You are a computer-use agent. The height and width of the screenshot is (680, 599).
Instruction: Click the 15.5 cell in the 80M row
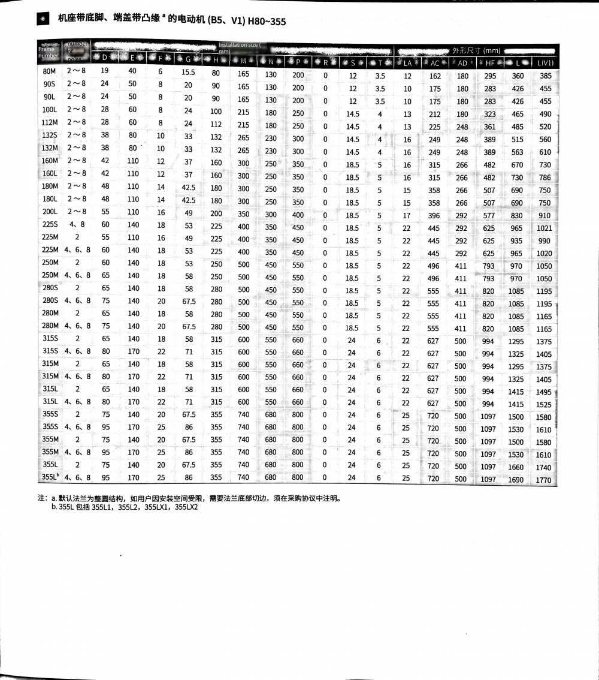click(x=189, y=73)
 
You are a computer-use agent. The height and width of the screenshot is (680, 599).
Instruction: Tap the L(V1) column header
click(x=544, y=63)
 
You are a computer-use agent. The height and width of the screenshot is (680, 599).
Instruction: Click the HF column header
click(x=489, y=63)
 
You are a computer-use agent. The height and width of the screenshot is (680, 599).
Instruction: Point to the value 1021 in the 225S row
click(x=544, y=228)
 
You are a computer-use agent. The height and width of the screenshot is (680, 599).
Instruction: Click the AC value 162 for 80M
click(x=435, y=76)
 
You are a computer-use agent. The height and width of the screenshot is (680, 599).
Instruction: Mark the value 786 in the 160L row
click(x=544, y=177)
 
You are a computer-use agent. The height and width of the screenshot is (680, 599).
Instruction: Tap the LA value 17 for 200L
click(x=407, y=215)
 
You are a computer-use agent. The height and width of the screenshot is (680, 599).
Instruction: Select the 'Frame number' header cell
click(x=49, y=53)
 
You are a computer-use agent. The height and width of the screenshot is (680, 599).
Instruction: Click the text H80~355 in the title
click(x=265, y=22)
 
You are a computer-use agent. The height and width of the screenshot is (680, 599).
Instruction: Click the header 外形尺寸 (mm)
click(x=476, y=50)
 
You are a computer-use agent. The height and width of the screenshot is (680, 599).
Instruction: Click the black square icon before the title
click(x=43, y=20)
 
